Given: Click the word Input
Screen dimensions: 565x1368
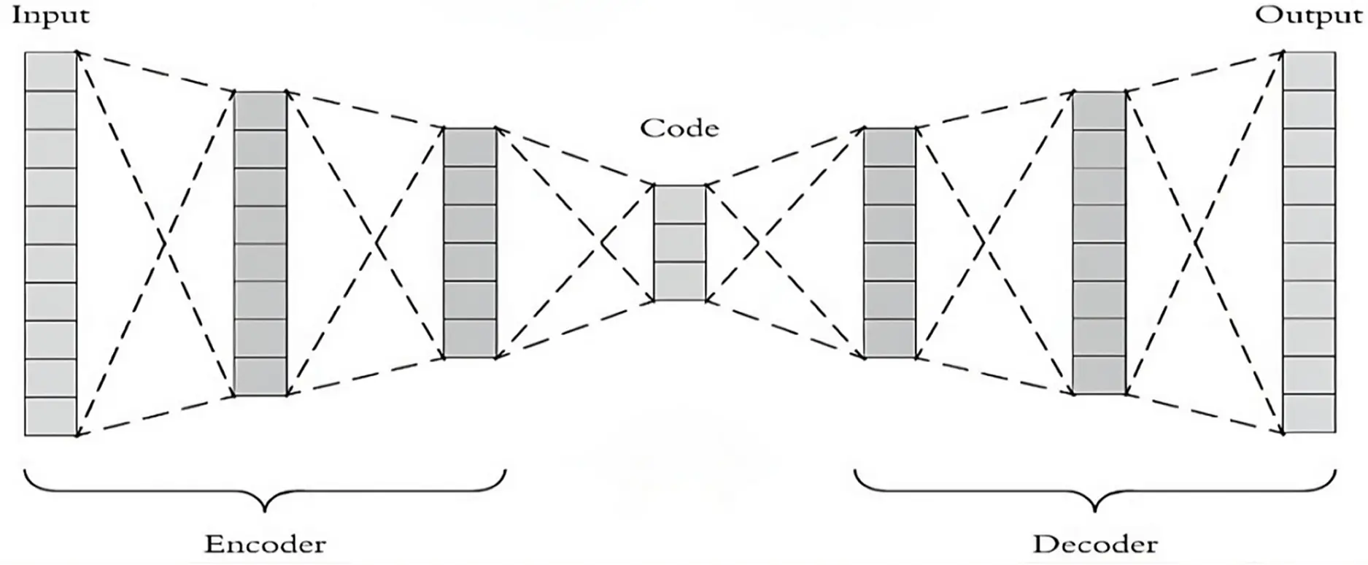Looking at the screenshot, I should tap(50, 16).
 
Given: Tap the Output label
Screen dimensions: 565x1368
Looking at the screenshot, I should tap(1308, 16).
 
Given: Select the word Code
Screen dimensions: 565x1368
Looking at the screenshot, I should tap(679, 128).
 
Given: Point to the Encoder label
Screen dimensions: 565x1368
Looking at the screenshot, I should tap(265, 545).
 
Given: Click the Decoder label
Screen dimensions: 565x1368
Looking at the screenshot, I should tap(1095, 545).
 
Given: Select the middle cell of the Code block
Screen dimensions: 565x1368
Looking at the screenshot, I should tap(679, 243).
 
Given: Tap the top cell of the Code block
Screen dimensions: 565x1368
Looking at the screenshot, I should tap(679, 204).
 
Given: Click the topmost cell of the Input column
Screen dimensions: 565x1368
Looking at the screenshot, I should tap(51, 72).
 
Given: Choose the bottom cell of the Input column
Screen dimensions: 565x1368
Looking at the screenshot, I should tap(51, 417).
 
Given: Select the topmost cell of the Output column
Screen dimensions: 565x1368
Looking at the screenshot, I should tap(1310, 72).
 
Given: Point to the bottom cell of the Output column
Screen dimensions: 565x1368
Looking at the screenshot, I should tap(1310, 414).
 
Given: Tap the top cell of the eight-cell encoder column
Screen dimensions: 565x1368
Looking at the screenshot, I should tap(260, 111).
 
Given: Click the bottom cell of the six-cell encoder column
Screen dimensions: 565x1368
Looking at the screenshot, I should tap(470, 339).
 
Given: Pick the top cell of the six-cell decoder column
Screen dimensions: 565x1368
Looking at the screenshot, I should tap(889, 147).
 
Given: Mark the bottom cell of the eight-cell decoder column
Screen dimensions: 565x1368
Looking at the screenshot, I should tap(1099, 375).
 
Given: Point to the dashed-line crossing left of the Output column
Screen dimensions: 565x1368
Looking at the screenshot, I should tap(1194, 243).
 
